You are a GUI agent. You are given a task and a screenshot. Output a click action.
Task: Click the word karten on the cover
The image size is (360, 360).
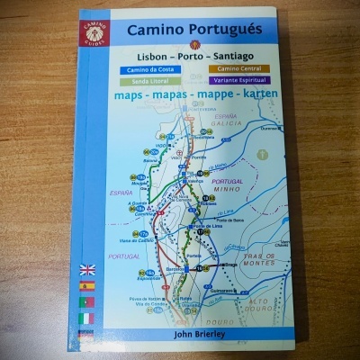pyautogui.click(x=254, y=94)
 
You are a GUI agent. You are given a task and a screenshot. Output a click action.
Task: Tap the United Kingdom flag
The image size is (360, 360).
pyautogui.click(x=87, y=268)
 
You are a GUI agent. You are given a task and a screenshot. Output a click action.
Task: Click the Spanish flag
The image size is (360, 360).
pyautogui.click(x=87, y=285)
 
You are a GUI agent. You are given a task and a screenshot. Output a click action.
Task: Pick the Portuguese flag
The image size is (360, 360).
pyautogui.click(x=87, y=301)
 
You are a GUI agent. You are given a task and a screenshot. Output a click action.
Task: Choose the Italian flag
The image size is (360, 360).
pyautogui.click(x=87, y=318)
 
